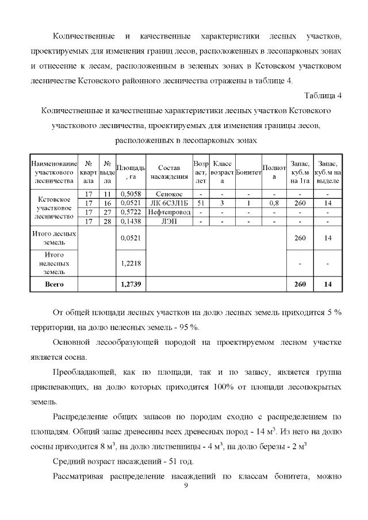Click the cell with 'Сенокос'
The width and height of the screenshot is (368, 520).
coord(170,194)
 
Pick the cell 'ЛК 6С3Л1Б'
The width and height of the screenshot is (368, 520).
coord(170,203)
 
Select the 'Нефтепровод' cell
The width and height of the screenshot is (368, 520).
coord(170,212)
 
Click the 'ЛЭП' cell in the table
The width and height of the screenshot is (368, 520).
coord(170,221)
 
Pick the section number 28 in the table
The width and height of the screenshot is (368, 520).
coord(107,221)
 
